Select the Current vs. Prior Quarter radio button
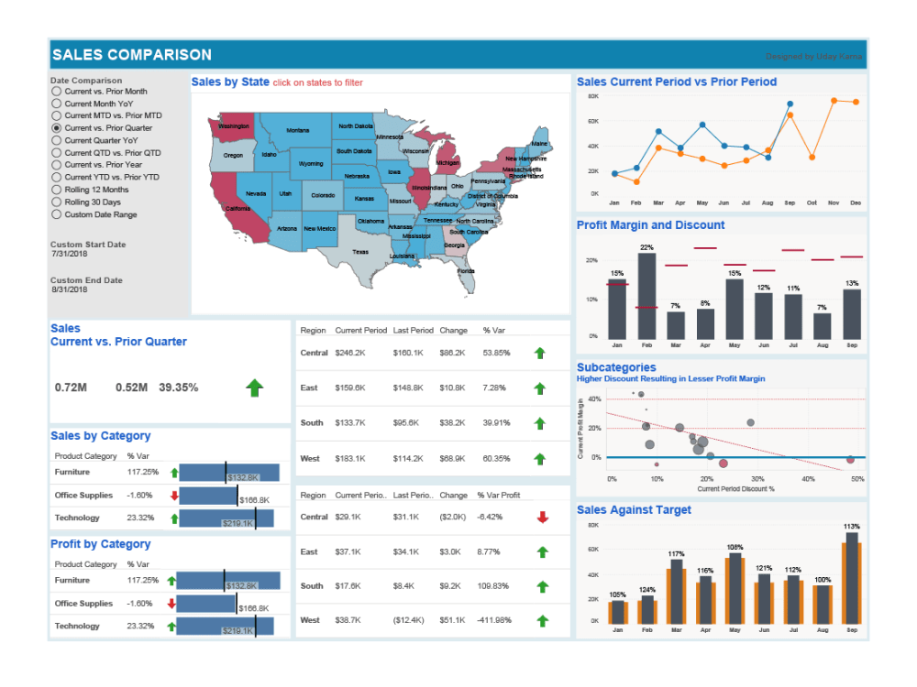(x=57, y=128)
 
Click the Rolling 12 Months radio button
(x=57, y=190)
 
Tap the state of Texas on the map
(x=359, y=251)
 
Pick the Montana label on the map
(x=297, y=131)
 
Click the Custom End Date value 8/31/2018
(x=70, y=289)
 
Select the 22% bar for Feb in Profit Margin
(x=646, y=296)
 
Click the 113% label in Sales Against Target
(x=852, y=527)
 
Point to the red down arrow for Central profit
(x=542, y=518)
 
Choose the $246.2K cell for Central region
(x=350, y=353)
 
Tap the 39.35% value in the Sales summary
(x=178, y=387)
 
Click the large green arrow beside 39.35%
(x=254, y=388)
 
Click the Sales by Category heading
(x=100, y=436)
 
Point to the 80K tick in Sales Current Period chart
(x=592, y=96)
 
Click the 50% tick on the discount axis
(x=857, y=478)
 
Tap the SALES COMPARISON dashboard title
(x=131, y=55)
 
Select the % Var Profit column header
(x=498, y=496)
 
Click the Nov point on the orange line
(x=834, y=101)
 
